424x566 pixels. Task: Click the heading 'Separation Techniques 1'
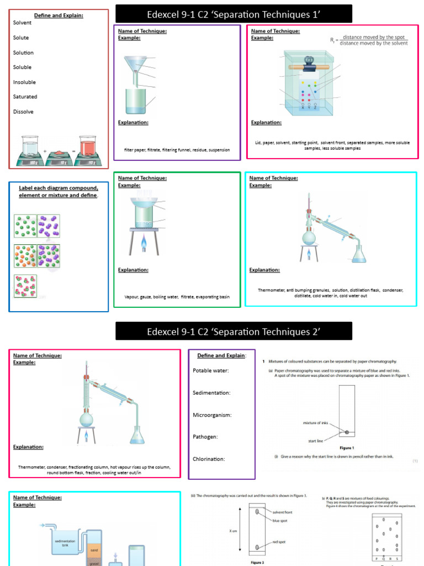pos(233,14)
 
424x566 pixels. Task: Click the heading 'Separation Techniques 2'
pos(234,331)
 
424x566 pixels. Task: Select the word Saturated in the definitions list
pos(25,97)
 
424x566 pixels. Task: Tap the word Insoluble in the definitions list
pos(24,82)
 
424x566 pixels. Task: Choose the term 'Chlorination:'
pos(210,459)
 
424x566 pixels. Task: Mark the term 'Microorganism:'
pos(211,415)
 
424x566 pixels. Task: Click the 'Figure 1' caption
pos(346,448)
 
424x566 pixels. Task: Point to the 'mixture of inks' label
pos(316,423)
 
